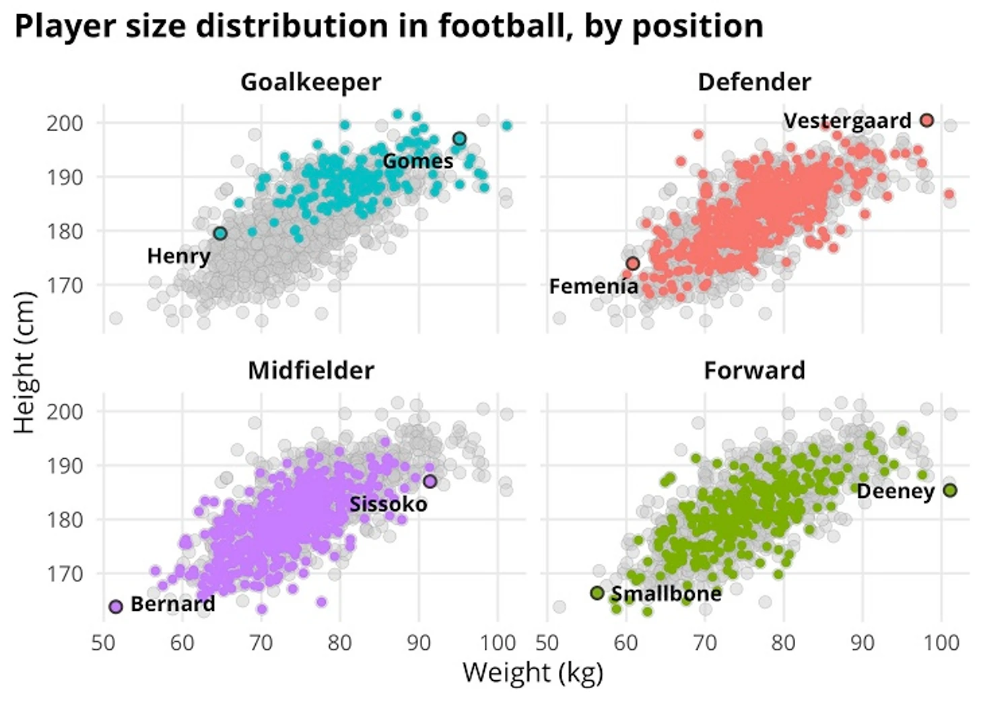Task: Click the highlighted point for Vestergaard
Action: point(926,120)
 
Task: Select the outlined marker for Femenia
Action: point(632,264)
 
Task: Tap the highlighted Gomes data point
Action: point(459,139)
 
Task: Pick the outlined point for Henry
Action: point(220,233)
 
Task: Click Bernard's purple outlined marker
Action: point(116,607)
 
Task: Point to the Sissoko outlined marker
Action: point(430,481)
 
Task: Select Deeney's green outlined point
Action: point(949,490)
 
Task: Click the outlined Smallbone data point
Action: point(597,593)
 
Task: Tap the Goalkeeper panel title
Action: point(310,82)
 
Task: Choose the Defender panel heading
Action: point(754,82)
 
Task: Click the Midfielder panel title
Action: point(310,371)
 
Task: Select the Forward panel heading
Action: point(754,371)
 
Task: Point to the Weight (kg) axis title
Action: point(533,673)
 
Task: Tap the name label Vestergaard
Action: point(847,121)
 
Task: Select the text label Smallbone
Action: point(666,593)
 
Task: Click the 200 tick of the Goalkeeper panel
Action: point(65,123)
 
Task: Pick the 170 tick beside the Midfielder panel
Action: point(65,574)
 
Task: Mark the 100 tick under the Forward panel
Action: point(941,643)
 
